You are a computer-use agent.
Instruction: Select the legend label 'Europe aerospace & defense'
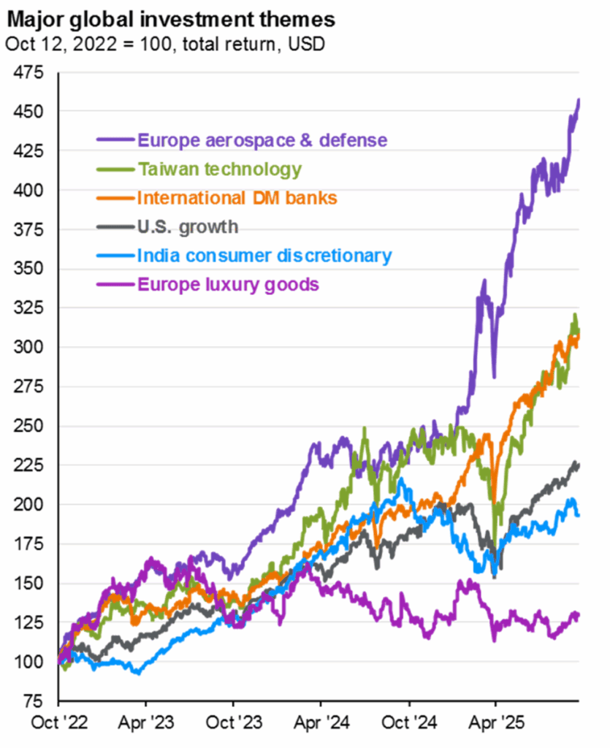(x=262, y=140)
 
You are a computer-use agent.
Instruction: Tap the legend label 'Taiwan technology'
(x=219, y=169)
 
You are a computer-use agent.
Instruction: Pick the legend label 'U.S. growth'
(x=188, y=226)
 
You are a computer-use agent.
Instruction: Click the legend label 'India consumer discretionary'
(x=264, y=256)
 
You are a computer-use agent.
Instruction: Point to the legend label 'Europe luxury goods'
(x=229, y=284)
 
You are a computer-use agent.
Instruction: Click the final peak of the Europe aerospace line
(x=579, y=100)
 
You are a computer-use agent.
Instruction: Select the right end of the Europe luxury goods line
(x=578, y=615)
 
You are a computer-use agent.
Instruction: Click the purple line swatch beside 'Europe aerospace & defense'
(x=115, y=140)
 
